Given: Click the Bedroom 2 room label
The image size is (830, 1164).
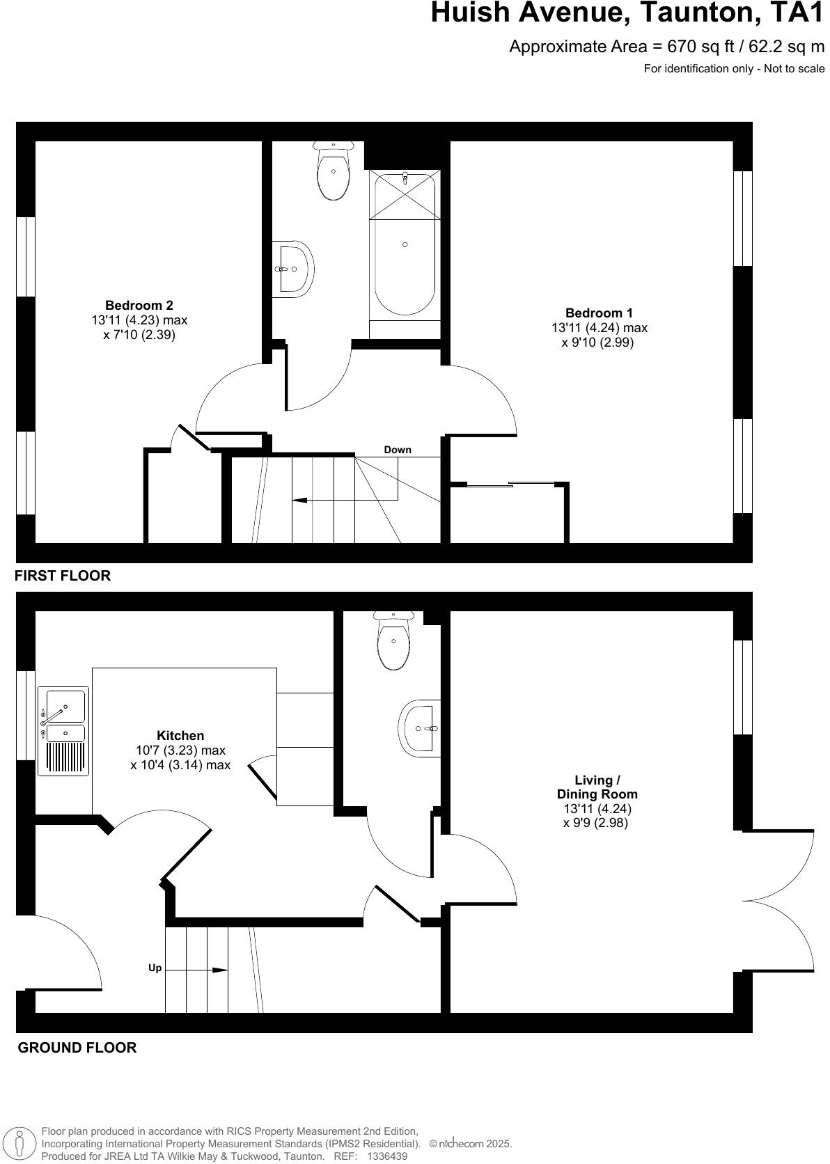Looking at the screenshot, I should point(139,305).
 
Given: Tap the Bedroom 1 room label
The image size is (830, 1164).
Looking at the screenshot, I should point(599,313).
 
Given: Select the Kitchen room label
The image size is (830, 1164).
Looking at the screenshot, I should point(180,736).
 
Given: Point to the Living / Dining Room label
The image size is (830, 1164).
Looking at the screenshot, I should point(597,787).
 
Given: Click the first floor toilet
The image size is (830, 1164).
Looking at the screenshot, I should point(334,171).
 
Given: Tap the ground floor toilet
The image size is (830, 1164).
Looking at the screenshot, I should point(394,640).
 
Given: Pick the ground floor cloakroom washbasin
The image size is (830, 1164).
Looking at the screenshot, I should point(420,728).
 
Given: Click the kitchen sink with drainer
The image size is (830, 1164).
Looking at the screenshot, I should point(66,732).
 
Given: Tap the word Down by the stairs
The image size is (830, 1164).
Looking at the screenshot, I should point(398,450).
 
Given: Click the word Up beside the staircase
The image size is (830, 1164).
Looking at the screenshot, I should point(155,968).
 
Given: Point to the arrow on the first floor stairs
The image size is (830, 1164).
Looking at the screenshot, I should point(301,500).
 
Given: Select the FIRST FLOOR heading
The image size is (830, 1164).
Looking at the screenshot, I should point(63,576).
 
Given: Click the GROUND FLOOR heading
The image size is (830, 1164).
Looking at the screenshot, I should point(77,1047).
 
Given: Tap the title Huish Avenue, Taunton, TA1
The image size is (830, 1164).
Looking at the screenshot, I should point(627,13).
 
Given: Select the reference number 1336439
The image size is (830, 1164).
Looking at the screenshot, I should point(387,1156).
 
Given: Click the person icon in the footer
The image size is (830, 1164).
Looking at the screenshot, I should point(20,1142).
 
